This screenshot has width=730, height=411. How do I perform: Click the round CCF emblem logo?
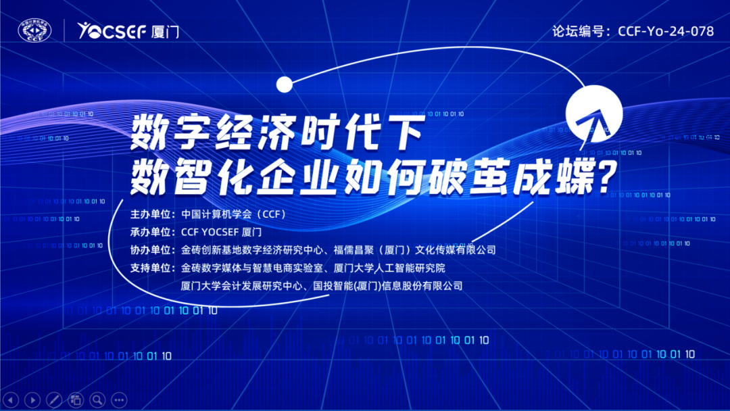coord(34,30)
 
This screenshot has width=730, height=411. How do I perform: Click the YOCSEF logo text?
coord(112,30)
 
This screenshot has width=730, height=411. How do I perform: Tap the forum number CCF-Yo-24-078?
coord(666,31)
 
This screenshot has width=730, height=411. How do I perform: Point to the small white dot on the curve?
coord(285,84)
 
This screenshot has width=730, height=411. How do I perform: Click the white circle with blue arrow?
coord(594,114)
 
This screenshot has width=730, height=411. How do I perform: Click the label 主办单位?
coord(150,214)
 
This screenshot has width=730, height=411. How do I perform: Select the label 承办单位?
coord(150,232)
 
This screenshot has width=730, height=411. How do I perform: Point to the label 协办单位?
coord(150,250)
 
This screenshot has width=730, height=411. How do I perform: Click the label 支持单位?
coord(150,268)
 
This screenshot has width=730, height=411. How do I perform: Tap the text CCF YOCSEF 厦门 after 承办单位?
coord(221,232)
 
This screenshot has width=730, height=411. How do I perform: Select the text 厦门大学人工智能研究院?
coord(389,268)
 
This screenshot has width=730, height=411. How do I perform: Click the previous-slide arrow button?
coord(10,400)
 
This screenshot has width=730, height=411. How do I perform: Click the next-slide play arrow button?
coord(32,400)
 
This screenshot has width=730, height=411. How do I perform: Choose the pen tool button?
coord(54,400)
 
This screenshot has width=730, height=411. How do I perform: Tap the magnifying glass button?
coord(97,400)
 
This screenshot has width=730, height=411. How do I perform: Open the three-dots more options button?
coord(119,400)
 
